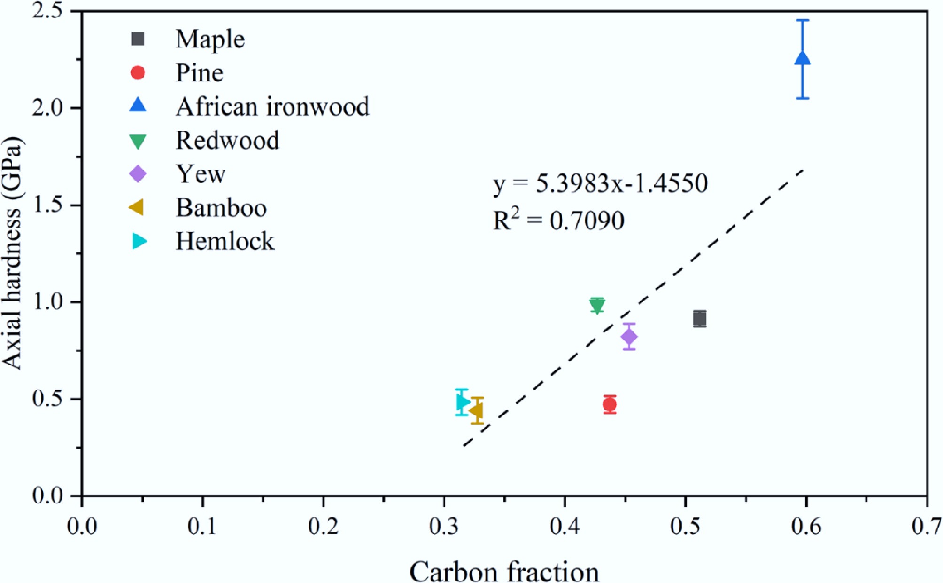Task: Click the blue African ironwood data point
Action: [803, 59]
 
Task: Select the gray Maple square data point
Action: [700, 319]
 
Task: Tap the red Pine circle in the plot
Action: [610, 404]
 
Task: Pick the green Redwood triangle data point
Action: [597, 306]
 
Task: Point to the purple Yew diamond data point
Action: [629, 337]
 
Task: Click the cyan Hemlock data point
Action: [462, 402]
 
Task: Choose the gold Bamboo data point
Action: [477, 411]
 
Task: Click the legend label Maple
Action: [210, 39]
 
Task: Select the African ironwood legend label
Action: [272, 107]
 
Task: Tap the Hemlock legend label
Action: [224, 242]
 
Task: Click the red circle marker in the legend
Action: [138, 73]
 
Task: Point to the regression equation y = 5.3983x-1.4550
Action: [600, 183]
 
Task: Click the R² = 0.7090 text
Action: [558, 221]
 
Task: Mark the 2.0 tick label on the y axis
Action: [47, 108]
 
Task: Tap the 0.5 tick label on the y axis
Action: [47, 399]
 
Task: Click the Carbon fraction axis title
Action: [504, 572]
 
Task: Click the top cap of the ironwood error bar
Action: [803, 20]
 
